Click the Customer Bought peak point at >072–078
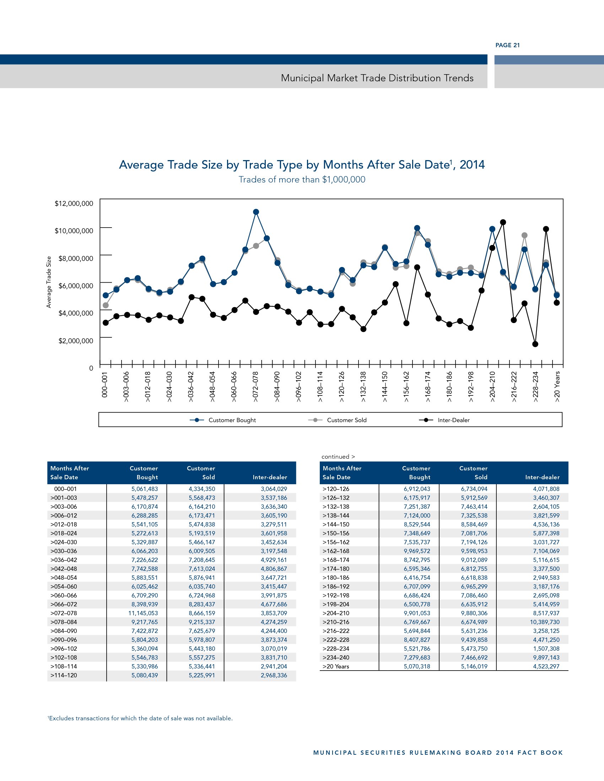[x=256, y=212]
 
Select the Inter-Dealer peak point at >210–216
[x=503, y=222]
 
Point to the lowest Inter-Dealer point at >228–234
[x=535, y=344]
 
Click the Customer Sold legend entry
[x=346, y=420]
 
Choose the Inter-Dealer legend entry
[x=453, y=420]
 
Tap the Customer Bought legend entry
[x=232, y=420]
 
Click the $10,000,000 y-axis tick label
[x=74, y=231]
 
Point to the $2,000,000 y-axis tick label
[x=75, y=341]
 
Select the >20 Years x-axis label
[x=557, y=386]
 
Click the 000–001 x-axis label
[x=104, y=384]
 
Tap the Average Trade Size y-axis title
[x=49, y=282]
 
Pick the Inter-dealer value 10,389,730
[x=545, y=622]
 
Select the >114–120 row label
[x=64, y=676]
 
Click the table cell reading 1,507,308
[x=546, y=649]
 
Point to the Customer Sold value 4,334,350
[x=202, y=489]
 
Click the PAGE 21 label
[x=507, y=45]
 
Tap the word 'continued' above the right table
[x=335, y=457]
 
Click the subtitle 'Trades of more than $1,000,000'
[x=302, y=180]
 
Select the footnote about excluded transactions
[x=140, y=718]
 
